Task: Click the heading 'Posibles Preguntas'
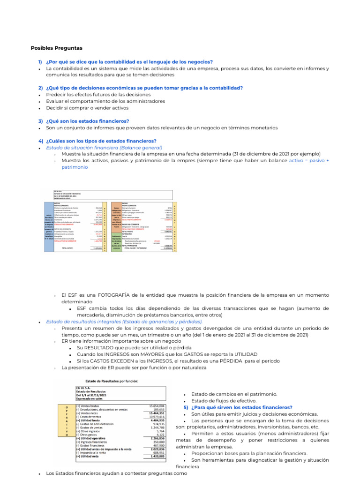(56, 48)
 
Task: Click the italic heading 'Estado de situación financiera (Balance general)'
(104, 147)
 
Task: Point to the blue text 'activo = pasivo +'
(309, 160)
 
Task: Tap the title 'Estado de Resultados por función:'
(112, 381)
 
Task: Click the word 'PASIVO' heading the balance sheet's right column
(125, 203)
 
